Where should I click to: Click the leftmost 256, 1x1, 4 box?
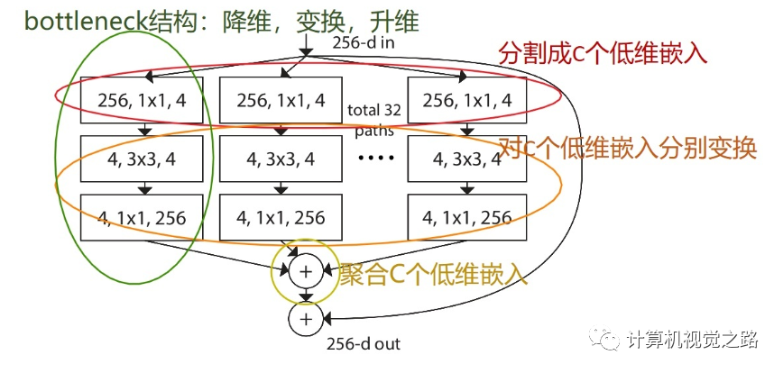coord(140,102)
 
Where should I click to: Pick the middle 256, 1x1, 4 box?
coord(281,102)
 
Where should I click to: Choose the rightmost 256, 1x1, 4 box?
coord(467,102)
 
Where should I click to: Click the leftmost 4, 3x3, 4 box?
coord(140,159)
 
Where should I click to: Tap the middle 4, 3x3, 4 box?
coord(281,159)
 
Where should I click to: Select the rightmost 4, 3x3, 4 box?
coord(467,159)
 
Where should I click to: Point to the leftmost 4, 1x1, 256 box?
coord(140,217)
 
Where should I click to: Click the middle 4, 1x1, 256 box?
coord(281,217)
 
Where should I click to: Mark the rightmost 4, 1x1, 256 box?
coord(467,217)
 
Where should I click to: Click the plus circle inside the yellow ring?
coord(305,269)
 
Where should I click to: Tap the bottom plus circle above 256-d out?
coord(305,317)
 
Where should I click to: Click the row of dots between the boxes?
coord(373,160)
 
